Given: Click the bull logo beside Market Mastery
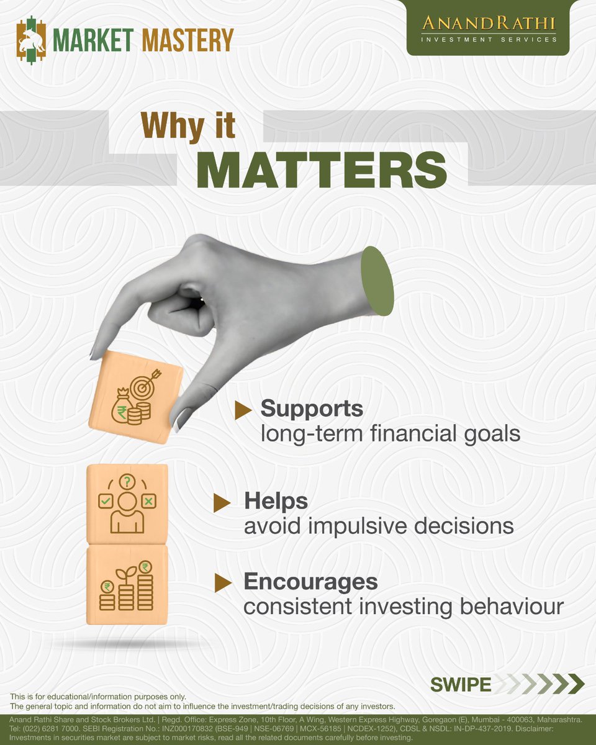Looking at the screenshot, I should (x=32, y=40).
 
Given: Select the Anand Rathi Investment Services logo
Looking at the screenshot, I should (x=489, y=29).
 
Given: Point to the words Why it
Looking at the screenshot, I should (x=188, y=125).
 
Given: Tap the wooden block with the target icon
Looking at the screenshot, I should (x=135, y=397).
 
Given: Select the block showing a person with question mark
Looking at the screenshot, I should (x=127, y=503).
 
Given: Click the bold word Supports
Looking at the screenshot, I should (x=312, y=409).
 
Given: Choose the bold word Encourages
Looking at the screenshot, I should (x=310, y=582).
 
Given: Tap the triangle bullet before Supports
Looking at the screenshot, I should (x=243, y=409).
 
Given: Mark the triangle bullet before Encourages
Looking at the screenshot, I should (x=222, y=582).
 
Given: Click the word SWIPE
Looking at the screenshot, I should (x=461, y=684).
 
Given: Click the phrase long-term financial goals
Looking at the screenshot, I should (x=390, y=433).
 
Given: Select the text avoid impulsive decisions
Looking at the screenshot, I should (x=379, y=526).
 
